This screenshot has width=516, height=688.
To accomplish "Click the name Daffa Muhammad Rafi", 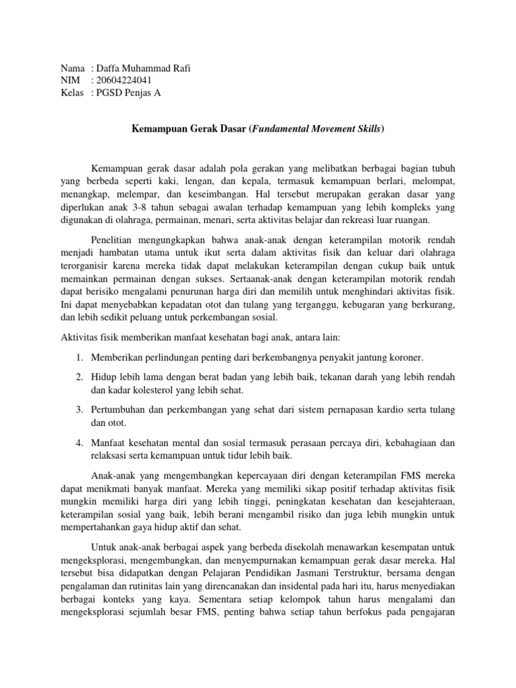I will tap(139, 69).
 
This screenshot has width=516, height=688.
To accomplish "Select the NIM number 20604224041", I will tap(124, 81).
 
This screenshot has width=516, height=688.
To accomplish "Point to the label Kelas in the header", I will tap(73, 93).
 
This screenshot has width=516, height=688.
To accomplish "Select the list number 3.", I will tap(79, 410).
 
